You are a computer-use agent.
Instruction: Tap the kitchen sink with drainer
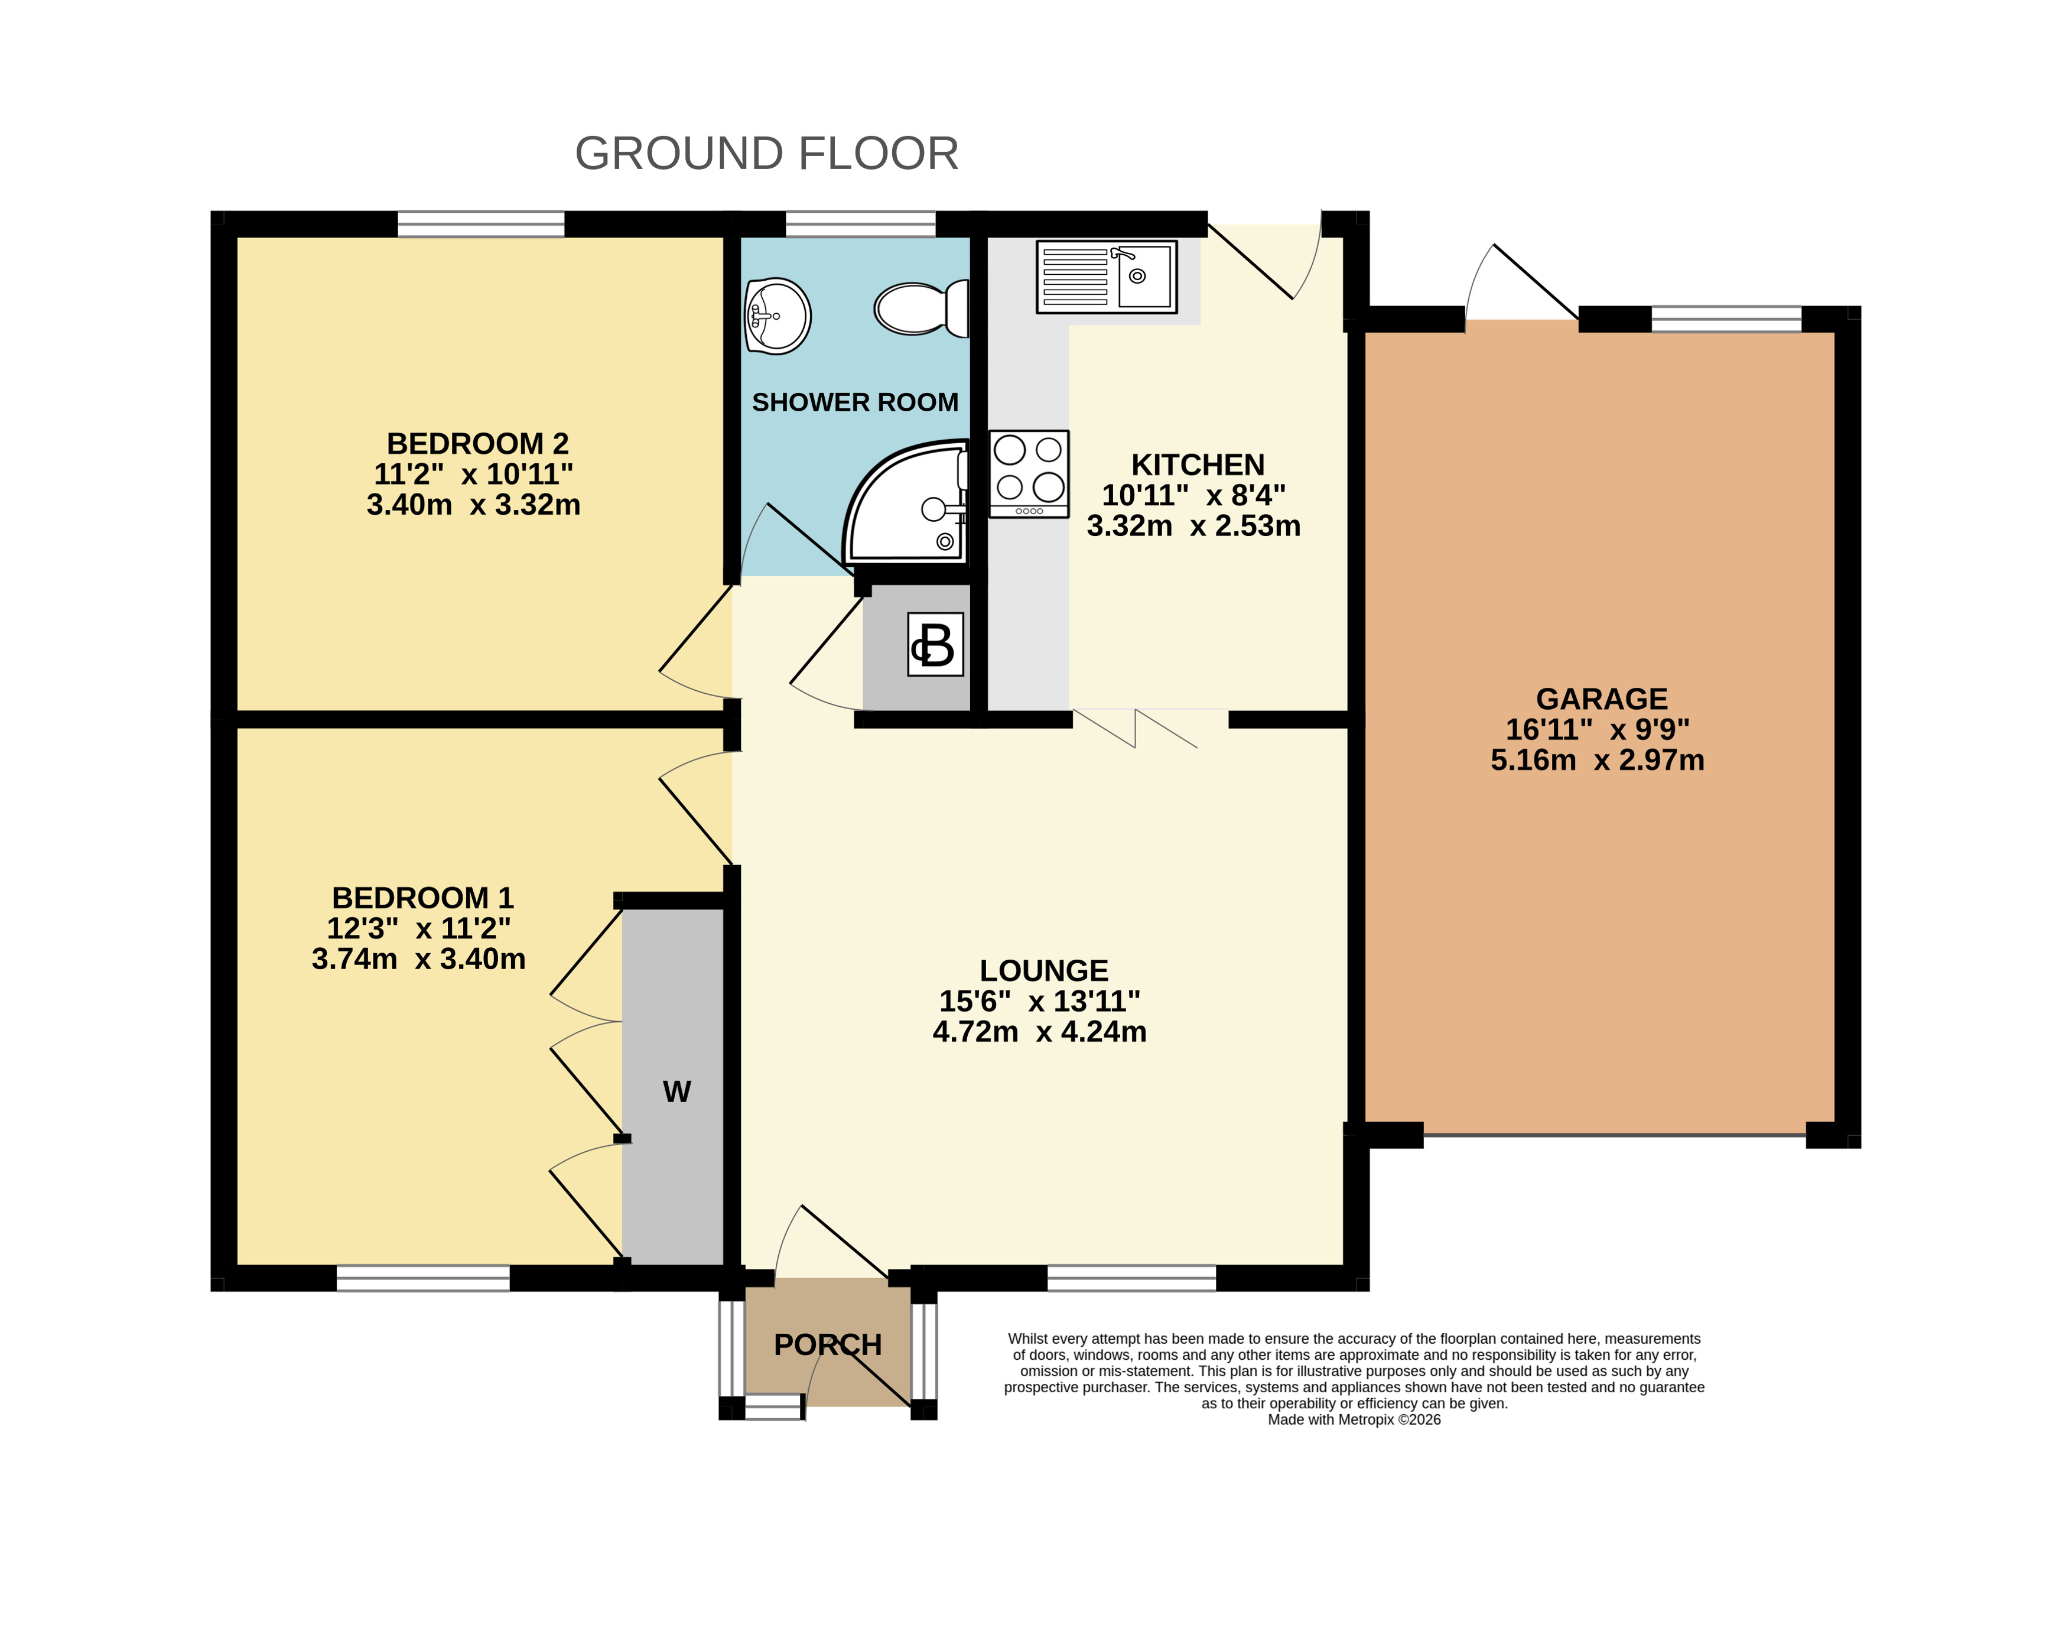[1107, 277]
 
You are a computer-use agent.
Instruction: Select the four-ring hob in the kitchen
[1029, 473]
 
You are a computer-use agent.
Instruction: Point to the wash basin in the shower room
[778, 316]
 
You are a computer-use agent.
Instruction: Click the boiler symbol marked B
[935, 645]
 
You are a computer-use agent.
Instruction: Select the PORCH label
[827, 1344]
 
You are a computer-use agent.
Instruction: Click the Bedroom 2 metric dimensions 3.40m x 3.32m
[474, 504]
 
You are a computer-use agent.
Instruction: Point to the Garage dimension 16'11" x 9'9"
[1598, 730]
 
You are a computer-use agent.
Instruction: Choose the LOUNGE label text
[1043, 970]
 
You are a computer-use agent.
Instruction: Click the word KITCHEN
[1198, 465]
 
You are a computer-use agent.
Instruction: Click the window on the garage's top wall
[1726, 319]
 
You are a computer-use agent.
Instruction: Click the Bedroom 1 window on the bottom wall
[423, 1278]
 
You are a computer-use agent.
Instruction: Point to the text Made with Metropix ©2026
[1354, 1420]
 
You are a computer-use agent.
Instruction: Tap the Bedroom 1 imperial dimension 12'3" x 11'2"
[418, 928]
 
